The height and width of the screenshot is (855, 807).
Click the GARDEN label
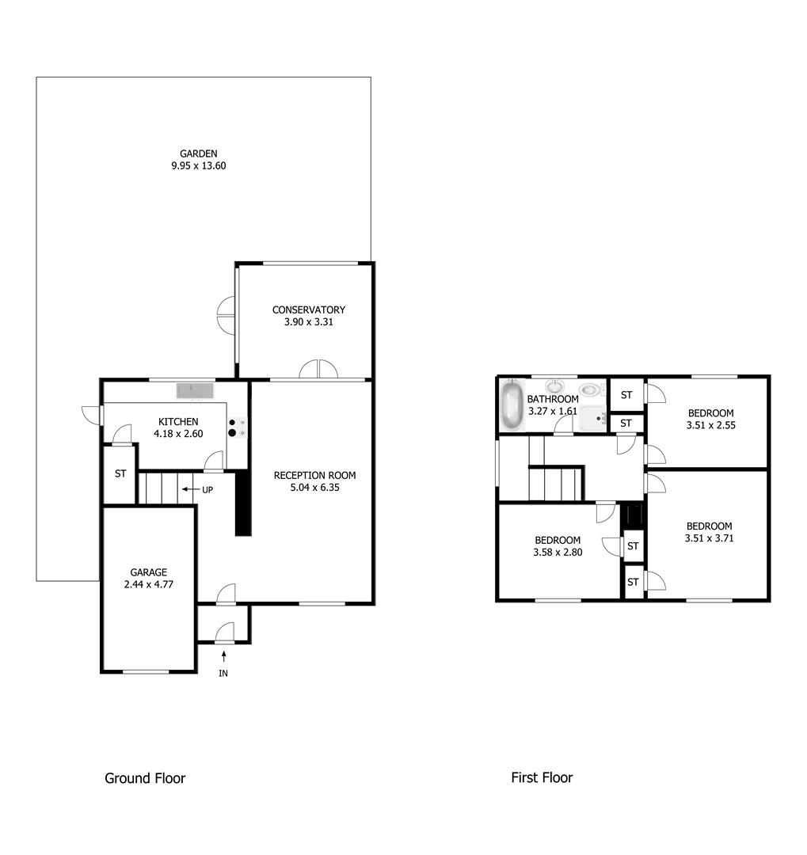[x=198, y=154]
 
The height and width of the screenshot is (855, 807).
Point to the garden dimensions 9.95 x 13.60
[x=198, y=166]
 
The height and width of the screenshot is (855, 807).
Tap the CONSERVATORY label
[x=308, y=310]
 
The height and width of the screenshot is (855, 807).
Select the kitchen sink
[x=195, y=390]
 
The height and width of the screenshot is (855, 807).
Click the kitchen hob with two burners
[x=237, y=427]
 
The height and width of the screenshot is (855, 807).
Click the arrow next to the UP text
[x=189, y=489]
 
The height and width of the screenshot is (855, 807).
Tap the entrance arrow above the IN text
[x=224, y=655]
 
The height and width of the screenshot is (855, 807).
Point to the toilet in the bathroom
[x=590, y=389]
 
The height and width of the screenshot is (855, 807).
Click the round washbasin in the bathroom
[x=554, y=386]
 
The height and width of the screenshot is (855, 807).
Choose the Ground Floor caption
[x=145, y=778]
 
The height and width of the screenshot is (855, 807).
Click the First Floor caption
[x=542, y=778]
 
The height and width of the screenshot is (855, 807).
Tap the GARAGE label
[x=149, y=572]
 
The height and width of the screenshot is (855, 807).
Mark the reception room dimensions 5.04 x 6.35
[x=314, y=488]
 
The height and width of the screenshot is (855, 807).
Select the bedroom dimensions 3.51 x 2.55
[x=710, y=426]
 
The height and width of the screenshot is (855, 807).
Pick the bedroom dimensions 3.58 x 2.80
[x=558, y=553]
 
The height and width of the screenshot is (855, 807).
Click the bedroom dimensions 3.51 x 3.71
[x=709, y=538]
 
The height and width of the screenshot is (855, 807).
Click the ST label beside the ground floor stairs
[x=120, y=474]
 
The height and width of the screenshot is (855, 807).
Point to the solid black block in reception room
[x=243, y=502]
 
